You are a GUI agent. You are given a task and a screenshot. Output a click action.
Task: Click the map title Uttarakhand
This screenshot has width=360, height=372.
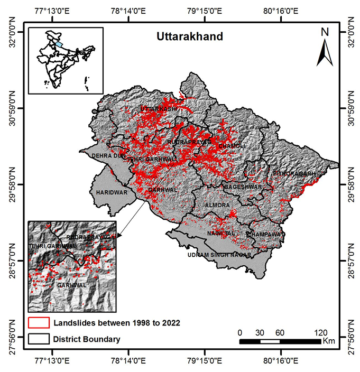coord(189,37)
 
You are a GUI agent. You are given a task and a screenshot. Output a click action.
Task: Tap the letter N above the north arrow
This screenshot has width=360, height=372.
coord(325,32)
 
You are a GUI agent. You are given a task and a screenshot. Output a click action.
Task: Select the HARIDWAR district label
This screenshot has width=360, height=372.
coord(112,193)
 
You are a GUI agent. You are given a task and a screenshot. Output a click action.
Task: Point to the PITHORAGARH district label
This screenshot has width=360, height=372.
coord(294,173)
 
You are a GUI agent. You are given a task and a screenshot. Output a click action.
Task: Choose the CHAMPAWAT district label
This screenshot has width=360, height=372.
coord(265,234)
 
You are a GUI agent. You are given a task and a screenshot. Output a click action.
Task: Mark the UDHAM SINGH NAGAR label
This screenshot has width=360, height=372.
coord(217,255)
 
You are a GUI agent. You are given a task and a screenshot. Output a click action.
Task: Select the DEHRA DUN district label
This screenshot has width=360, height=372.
coord(109,156)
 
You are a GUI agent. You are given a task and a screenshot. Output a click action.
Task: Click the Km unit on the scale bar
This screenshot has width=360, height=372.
coord(328,342)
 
